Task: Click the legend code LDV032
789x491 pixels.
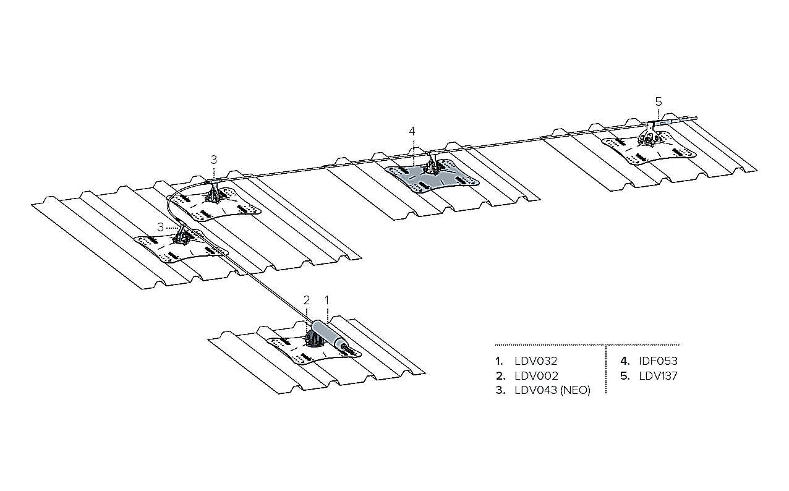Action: [x=536, y=361]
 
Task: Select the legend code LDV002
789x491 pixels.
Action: [x=537, y=376]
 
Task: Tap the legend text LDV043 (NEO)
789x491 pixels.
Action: [x=552, y=390]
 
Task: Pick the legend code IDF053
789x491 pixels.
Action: [x=659, y=361]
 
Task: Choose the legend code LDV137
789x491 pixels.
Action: [x=658, y=376]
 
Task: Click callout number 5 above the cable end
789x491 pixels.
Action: [x=659, y=102]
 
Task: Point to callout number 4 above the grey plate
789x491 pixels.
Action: [x=412, y=131]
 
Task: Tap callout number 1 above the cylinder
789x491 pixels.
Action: [x=327, y=301]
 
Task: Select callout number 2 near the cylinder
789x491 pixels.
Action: [x=307, y=301]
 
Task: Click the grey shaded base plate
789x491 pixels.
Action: [x=433, y=177]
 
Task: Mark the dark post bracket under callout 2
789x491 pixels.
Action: [x=313, y=339]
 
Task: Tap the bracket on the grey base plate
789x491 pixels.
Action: [x=433, y=163]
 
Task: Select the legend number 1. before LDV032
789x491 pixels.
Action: [x=499, y=361]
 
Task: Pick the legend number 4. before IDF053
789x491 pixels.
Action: [x=625, y=361]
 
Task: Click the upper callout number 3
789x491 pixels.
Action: [x=214, y=160]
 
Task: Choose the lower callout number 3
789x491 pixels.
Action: [x=161, y=227]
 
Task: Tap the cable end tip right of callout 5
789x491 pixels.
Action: [x=696, y=118]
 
